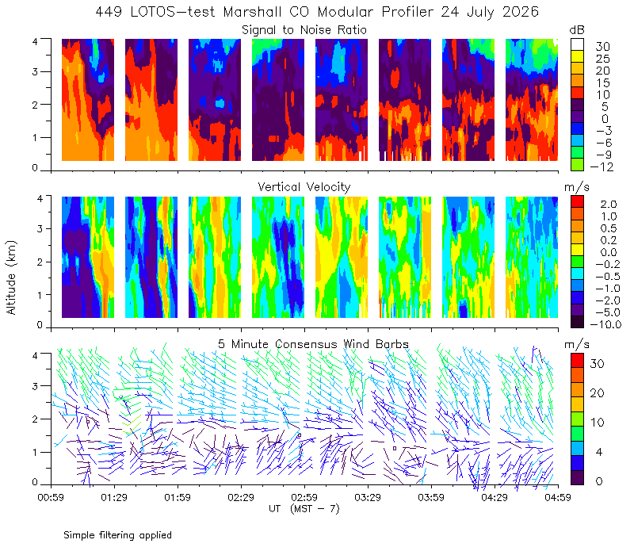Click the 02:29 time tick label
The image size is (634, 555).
click(x=241, y=497)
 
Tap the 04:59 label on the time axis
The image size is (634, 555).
click(x=558, y=497)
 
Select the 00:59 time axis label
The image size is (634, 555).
click(x=51, y=497)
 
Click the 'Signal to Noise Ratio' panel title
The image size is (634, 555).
click(x=304, y=30)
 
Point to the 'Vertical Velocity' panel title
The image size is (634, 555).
click(x=304, y=187)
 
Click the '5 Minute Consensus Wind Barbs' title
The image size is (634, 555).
click(x=313, y=344)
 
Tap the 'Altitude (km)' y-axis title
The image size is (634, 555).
click(x=11, y=277)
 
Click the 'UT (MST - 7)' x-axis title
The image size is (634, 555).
click(x=304, y=509)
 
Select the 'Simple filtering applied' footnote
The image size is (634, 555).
click(x=117, y=536)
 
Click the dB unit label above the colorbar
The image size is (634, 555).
click(x=577, y=30)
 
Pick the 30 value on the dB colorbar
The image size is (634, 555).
click(x=602, y=47)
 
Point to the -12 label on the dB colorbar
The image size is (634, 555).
click(x=602, y=166)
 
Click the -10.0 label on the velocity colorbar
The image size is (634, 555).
click(x=605, y=324)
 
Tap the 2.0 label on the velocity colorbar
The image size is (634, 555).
click(x=609, y=205)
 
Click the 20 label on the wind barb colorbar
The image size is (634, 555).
click(x=598, y=393)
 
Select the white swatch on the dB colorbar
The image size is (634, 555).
click(x=577, y=44)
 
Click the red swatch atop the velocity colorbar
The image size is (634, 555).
click(x=577, y=201)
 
